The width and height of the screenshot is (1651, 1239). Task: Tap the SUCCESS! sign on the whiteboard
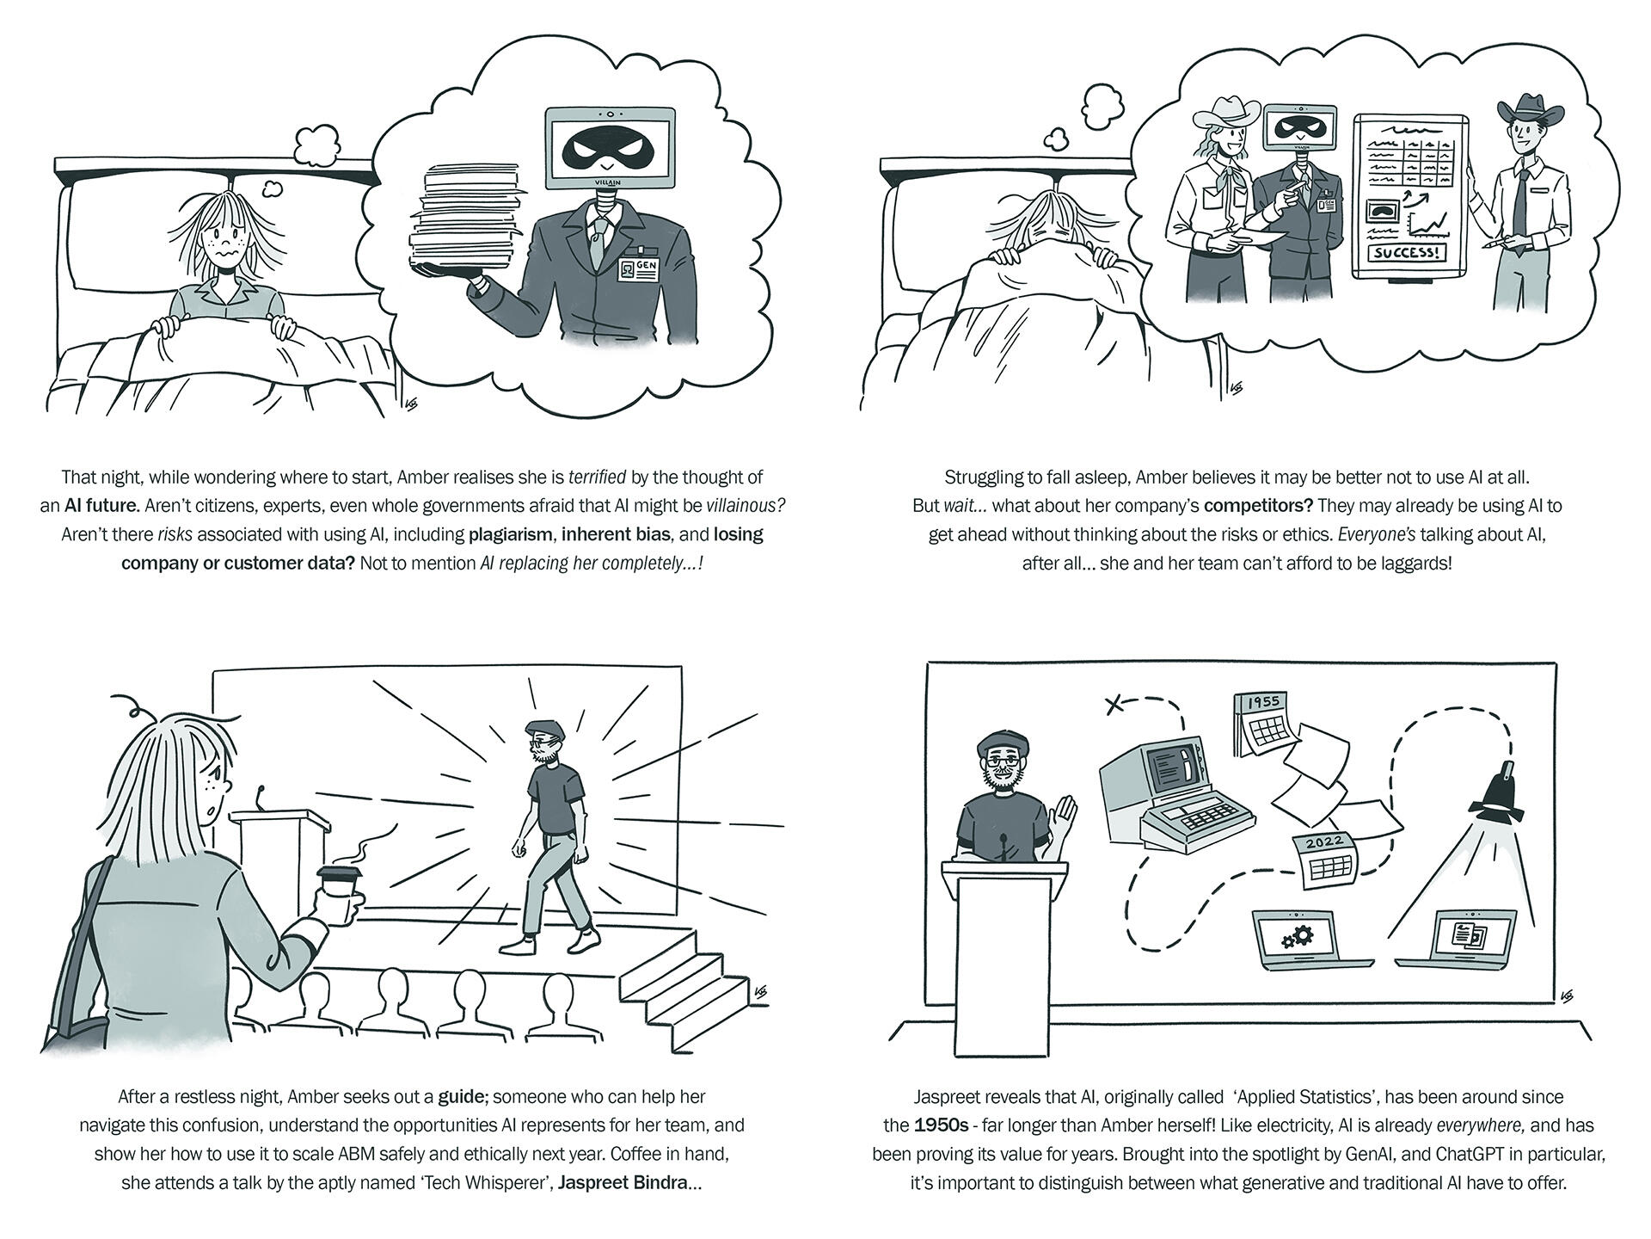(1405, 253)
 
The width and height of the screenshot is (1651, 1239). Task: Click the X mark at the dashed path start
(1114, 706)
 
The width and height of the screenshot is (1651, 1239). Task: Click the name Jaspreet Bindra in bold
(623, 1182)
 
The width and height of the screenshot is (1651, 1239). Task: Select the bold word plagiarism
(510, 534)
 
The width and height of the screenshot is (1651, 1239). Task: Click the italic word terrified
(597, 477)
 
